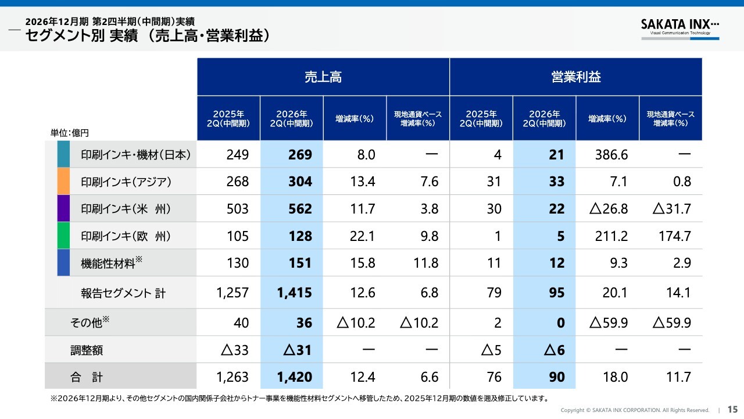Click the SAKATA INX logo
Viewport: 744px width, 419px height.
coord(680,29)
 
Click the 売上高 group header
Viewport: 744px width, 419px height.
coord(323,77)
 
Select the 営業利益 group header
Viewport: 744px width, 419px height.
coord(576,77)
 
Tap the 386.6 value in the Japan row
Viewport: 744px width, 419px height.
coord(611,155)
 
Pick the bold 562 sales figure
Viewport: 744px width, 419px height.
coord(300,209)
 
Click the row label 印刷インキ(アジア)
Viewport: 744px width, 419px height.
coord(126,182)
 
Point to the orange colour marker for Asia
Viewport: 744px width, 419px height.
coord(63,181)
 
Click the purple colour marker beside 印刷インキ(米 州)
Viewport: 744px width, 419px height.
coord(63,208)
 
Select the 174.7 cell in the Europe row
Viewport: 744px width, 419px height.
coord(675,236)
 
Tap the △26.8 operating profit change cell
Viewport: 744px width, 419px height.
coord(609,209)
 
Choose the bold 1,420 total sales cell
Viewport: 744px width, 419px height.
coord(294,377)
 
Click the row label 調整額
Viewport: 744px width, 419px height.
coord(87,350)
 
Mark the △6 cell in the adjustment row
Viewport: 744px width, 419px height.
coord(554,350)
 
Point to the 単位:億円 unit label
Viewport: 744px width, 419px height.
coord(69,133)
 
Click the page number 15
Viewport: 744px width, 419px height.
coord(732,409)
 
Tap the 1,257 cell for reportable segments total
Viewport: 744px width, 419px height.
coord(232,293)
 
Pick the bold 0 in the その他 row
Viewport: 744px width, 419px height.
coord(561,323)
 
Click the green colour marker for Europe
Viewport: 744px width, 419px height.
coord(63,236)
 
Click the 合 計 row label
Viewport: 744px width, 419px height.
coord(87,377)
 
